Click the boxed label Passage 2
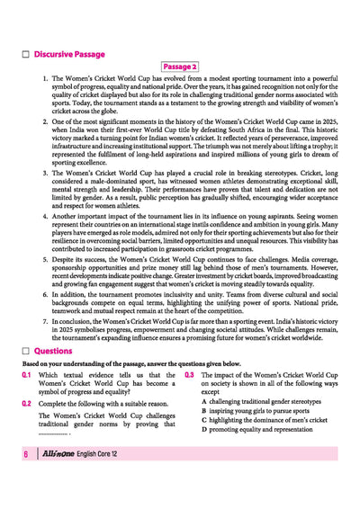180,67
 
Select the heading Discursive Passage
71,54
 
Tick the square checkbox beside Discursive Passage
26,54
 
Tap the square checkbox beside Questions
26,350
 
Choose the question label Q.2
27,404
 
